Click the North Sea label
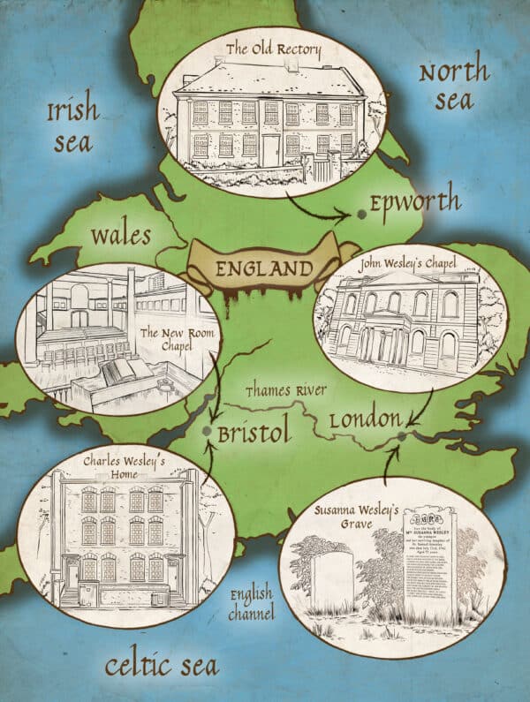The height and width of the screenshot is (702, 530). point(453,86)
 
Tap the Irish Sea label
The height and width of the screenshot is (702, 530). point(72,125)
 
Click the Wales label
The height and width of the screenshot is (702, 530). point(120,237)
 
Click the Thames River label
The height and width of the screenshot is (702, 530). point(286,390)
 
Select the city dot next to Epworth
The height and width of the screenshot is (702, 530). point(360,215)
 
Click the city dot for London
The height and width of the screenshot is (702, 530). point(402,435)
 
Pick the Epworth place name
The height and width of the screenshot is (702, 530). point(415,203)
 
